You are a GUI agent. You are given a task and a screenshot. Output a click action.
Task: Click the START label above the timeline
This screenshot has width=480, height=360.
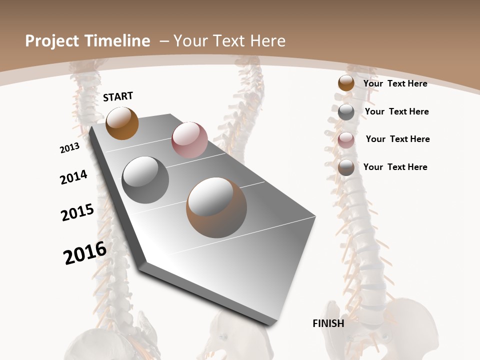pyautogui.click(x=118, y=96)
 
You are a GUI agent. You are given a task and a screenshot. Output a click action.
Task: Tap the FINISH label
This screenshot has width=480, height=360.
pyautogui.click(x=328, y=323)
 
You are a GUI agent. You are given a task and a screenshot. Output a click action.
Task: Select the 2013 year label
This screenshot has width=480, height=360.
pyautogui.click(x=70, y=148)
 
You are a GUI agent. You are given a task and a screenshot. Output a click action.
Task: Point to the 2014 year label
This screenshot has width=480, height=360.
pyautogui.click(x=73, y=177)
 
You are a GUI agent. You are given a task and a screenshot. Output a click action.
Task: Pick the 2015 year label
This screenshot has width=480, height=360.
pyautogui.click(x=77, y=212)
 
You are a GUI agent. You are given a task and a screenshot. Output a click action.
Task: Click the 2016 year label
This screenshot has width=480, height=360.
pyautogui.click(x=85, y=253)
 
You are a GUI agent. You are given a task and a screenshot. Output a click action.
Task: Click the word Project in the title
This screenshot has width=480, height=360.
pyautogui.click(x=52, y=41)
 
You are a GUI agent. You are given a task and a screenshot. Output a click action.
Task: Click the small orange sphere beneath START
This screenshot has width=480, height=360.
pyautogui.click(x=122, y=123)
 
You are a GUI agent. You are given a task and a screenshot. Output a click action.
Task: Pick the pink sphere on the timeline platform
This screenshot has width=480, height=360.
pyautogui.click(x=189, y=140)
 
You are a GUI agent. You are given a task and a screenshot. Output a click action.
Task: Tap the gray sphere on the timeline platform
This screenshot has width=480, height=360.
pyautogui.click(x=145, y=180)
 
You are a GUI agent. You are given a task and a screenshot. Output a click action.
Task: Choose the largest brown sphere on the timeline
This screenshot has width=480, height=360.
pyautogui.click(x=216, y=207)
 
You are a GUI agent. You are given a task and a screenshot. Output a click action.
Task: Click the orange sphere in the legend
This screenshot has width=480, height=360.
pyautogui.click(x=346, y=83)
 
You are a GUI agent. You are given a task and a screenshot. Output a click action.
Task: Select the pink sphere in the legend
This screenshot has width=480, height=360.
pyautogui.click(x=346, y=140)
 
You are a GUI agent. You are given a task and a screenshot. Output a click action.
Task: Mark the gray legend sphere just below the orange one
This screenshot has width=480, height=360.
pyautogui.click(x=346, y=112)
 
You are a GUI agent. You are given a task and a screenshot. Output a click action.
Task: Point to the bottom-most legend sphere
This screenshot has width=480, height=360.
pyautogui.click(x=346, y=167)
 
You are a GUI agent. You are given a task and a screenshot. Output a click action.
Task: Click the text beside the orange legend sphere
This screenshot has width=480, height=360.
pyautogui.click(x=395, y=83)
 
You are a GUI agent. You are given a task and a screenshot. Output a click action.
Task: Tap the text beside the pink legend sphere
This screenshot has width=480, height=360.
pyautogui.click(x=397, y=139)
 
